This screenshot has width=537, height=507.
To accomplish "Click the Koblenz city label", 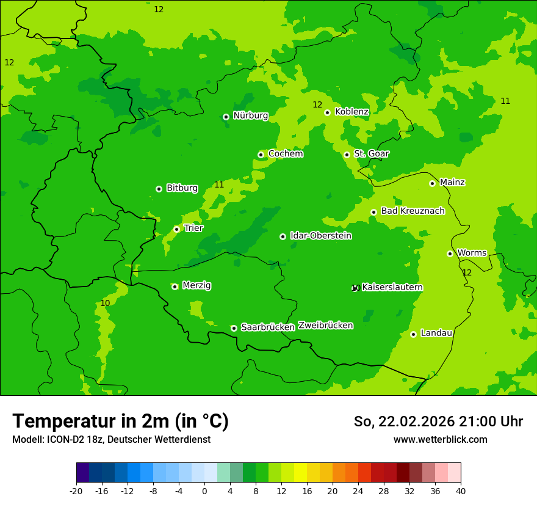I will (x=351, y=112).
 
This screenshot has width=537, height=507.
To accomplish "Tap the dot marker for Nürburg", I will (x=226, y=117).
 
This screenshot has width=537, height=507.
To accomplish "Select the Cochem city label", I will (x=286, y=154).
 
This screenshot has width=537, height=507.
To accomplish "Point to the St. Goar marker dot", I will (x=347, y=155).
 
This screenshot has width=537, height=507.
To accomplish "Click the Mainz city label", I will (x=452, y=183).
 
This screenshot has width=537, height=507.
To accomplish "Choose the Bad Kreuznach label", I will (x=413, y=211).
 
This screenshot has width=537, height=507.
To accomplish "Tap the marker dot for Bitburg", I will (x=159, y=189).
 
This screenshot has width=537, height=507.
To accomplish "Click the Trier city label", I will (x=193, y=228).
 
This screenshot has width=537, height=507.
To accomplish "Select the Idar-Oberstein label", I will (x=320, y=236).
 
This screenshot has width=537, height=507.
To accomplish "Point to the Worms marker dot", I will (x=450, y=253).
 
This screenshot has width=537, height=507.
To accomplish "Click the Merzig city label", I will (x=196, y=286).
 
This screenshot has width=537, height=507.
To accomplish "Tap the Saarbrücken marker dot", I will (x=234, y=328).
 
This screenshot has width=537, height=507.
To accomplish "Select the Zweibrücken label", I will (x=325, y=326).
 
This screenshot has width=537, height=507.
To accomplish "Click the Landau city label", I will (x=436, y=334).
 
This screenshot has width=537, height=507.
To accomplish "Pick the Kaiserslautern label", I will (x=392, y=288).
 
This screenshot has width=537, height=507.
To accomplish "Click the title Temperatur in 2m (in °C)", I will (x=120, y=421).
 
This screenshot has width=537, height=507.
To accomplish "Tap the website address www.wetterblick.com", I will (x=440, y=440).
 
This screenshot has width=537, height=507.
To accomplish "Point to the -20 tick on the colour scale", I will (x=76, y=491).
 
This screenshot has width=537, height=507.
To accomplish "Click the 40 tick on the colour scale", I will (x=461, y=491).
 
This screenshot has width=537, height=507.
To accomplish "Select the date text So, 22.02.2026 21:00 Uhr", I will (x=438, y=421).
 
